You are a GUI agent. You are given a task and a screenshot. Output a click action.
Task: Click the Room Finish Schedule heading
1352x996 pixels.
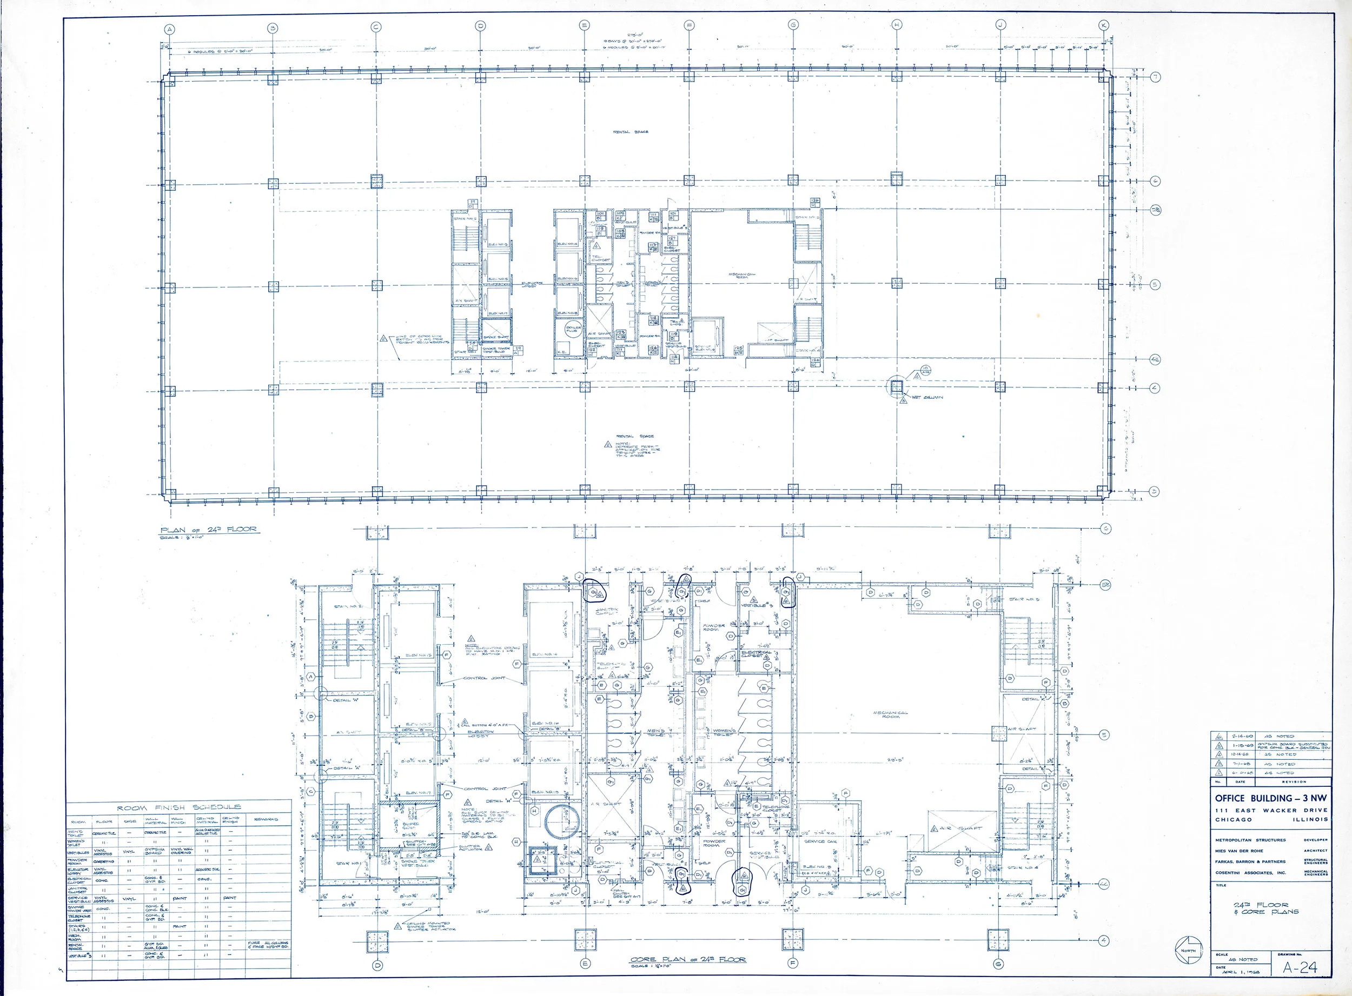[x=178, y=807]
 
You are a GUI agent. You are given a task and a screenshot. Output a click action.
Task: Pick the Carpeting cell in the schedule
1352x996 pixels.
[x=103, y=861]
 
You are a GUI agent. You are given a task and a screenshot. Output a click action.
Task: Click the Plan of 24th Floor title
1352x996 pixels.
[x=208, y=530]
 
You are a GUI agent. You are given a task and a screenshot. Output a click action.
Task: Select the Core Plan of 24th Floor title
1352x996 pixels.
[x=688, y=960]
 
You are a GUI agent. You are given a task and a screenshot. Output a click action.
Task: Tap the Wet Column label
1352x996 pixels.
[x=926, y=398]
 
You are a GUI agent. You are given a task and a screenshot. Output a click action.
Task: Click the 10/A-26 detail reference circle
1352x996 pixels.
[x=925, y=370]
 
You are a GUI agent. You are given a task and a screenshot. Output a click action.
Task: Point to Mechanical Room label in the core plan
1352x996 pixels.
[x=891, y=715]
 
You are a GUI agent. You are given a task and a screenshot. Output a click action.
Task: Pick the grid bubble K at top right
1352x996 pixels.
[x=1103, y=25]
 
